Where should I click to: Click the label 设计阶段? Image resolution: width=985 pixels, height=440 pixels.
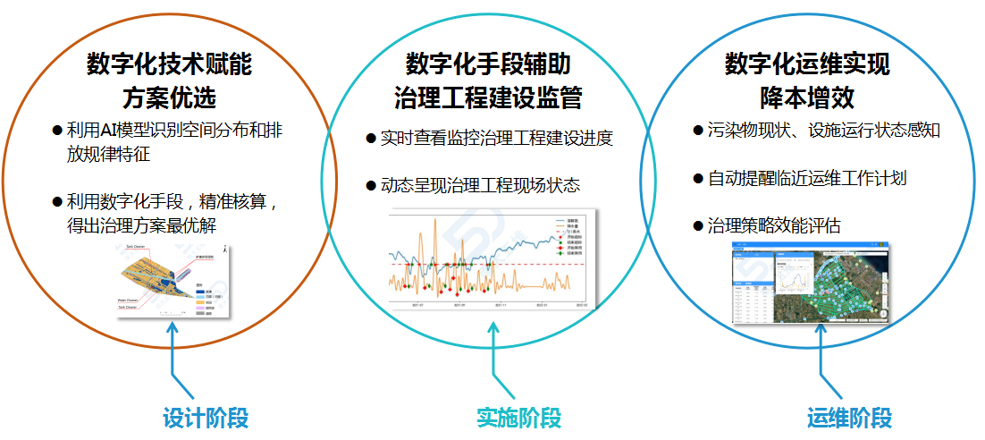[206, 419]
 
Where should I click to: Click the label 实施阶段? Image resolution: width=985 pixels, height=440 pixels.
[518, 419]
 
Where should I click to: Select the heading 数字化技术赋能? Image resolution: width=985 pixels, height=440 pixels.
[170, 64]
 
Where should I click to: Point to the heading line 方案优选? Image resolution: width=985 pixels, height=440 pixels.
[170, 96]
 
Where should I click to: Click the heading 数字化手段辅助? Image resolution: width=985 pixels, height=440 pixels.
[488, 64]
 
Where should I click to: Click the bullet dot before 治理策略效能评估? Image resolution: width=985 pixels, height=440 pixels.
[698, 226]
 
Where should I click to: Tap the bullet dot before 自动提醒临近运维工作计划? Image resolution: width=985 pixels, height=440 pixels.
[698, 178]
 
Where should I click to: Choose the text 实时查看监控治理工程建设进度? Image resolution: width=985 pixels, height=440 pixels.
[496, 139]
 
